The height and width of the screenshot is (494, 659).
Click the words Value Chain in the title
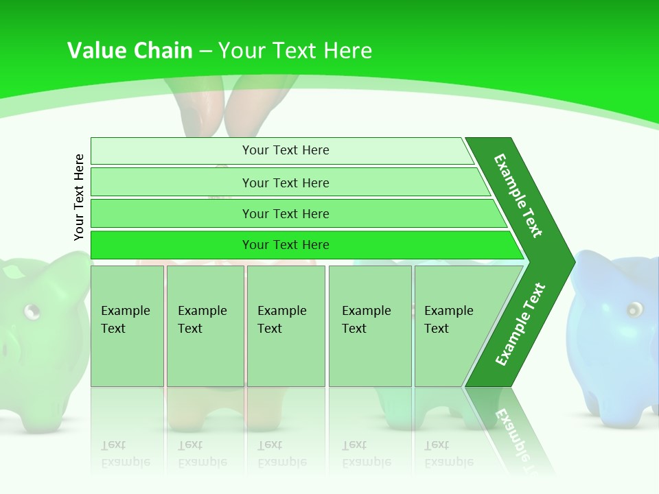[x=130, y=51]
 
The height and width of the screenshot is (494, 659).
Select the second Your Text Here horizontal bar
[x=285, y=183]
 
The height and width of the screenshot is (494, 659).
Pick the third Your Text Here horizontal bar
[x=285, y=213]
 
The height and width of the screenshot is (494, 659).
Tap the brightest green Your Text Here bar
[x=285, y=245]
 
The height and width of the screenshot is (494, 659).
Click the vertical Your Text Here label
[x=79, y=197]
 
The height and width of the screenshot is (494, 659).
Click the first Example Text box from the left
[x=127, y=326]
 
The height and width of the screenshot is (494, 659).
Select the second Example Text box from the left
[x=205, y=326]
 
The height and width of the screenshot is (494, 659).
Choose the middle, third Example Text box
[x=286, y=326]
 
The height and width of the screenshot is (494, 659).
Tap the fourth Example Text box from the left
[x=369, y=326]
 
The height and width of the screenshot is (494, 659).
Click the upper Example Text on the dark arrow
[x=518, y=196]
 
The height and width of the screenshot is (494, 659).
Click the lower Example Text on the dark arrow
[x=520, y=324]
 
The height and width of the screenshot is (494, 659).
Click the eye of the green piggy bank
[x=31, y=312]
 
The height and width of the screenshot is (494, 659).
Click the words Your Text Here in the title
[x=295, y=51]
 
